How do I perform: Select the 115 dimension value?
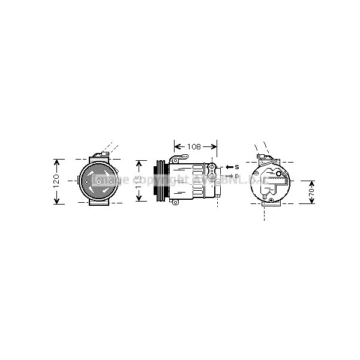[139, 181]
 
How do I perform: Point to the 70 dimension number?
[311, 192]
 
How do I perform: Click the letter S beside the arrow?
[237, 166]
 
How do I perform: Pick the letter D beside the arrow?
[237, 176]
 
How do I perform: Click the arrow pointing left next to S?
[229, 166]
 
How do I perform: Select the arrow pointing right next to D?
[229, 176]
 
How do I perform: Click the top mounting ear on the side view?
[175, 159]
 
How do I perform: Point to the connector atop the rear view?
[262, 157]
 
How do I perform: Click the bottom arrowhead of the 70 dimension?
[311, 202]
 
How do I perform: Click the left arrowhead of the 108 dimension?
[176, 146]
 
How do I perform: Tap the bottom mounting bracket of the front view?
[99, 203]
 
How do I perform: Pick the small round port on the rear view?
[271, 200]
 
